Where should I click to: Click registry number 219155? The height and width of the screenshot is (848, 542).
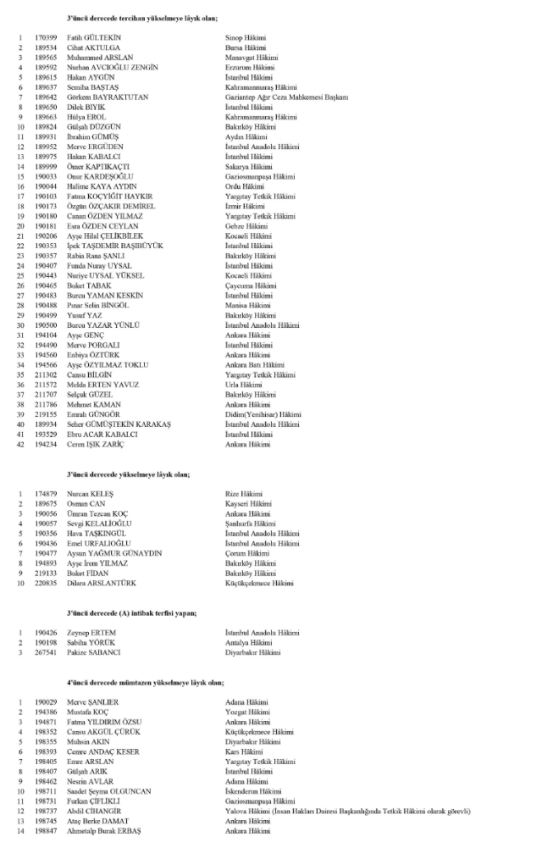click(46, 414)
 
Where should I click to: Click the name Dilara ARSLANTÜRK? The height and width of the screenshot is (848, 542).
click(103, 583)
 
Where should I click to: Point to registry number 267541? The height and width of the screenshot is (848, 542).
click(46, 653)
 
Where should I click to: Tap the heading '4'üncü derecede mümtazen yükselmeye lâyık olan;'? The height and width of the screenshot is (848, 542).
click(144, 682)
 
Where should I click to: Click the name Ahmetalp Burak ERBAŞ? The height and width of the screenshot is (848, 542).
click(108, 832)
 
